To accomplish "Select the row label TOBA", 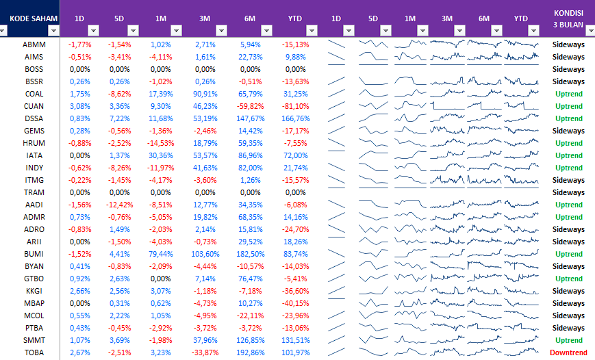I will (34, 352).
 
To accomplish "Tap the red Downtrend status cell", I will (568, 352).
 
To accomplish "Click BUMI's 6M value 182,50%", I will (251, 254).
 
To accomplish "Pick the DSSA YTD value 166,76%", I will (295, 118).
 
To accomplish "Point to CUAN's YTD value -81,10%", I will (295, 106).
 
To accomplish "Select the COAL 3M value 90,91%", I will (205, 94).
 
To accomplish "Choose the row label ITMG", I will (34, 180).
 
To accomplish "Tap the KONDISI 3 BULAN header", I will (568, 18).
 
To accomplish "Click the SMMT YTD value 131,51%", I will (295, 340).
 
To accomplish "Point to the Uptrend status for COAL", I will (568, 94).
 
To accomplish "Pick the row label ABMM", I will (34, 44).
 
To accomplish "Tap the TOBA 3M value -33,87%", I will (205, 352).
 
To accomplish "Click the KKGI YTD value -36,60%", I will (295, 291).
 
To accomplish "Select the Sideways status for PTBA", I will (568, 328).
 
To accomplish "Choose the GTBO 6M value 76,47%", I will (251, 279).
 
